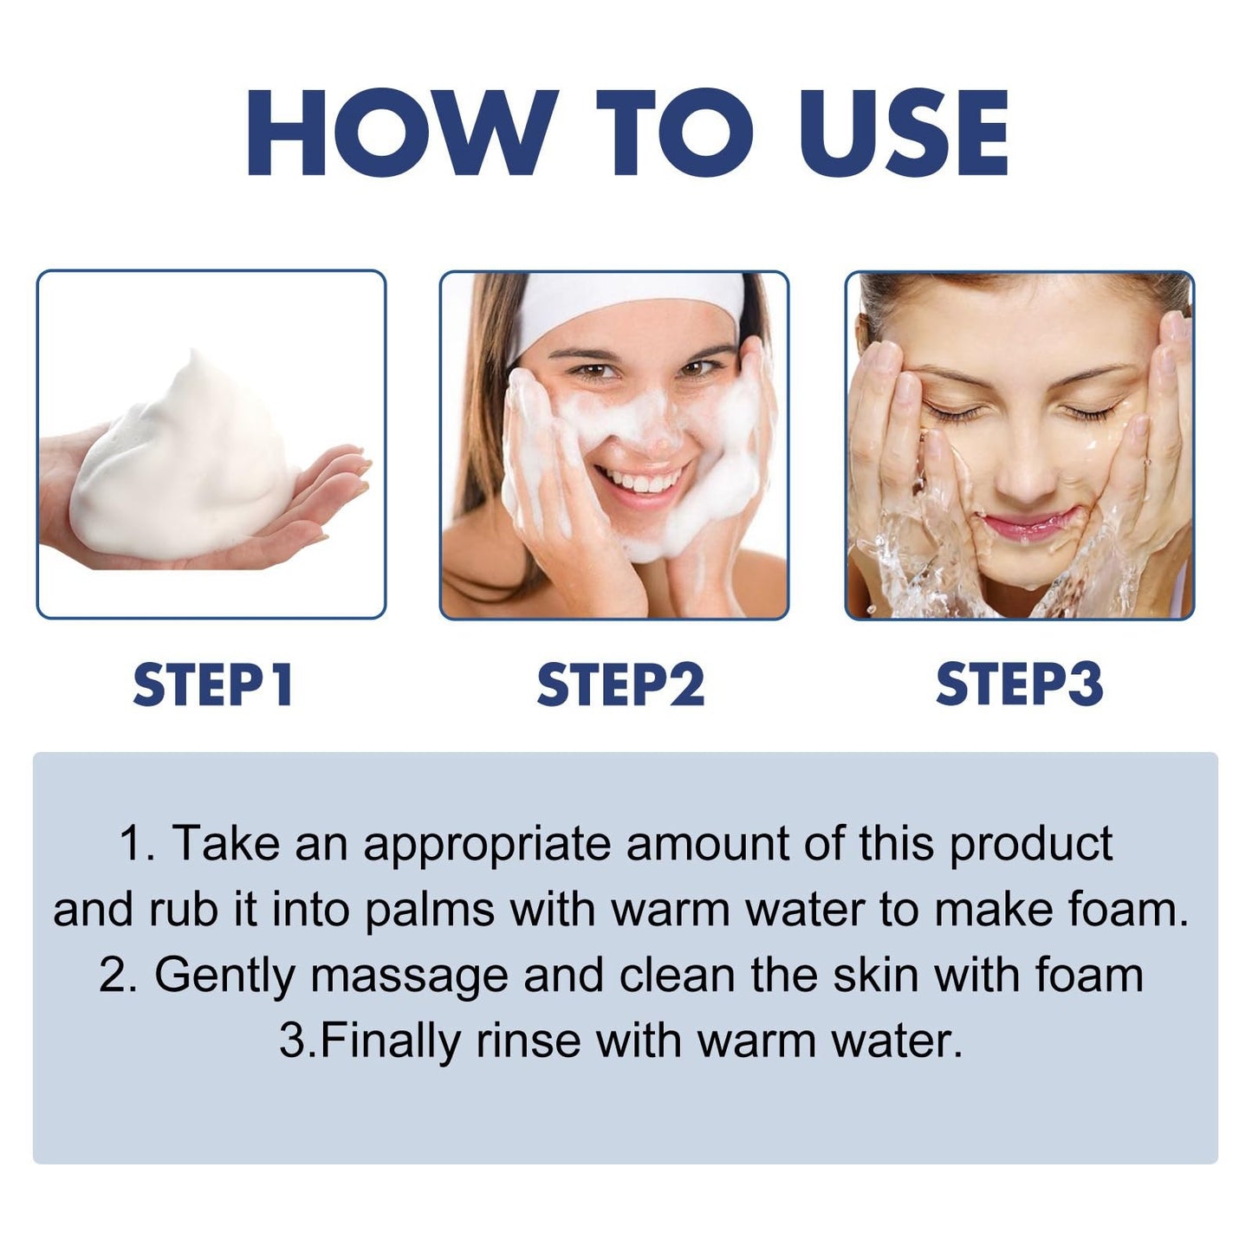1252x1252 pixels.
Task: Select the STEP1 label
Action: click(212, 684)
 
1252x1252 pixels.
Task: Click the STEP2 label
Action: click(620, 684)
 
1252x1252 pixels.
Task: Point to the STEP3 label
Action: click(1019, 684)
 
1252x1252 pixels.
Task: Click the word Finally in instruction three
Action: click(390, 1041)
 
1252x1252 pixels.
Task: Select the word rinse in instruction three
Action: click(528, 1041)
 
